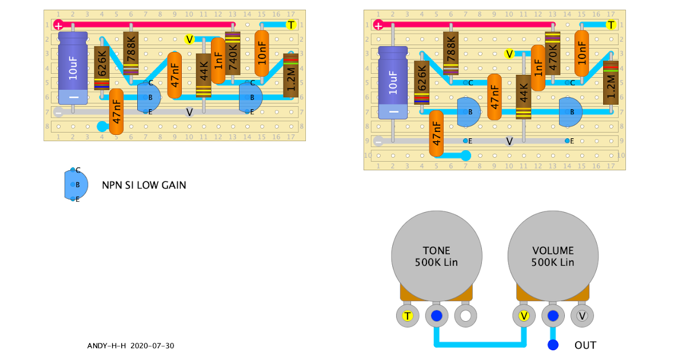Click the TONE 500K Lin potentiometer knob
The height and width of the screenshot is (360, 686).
click(436, 257)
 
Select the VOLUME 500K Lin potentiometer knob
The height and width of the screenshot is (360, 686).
click(553, 257)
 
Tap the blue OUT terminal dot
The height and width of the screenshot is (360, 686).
click(553, 345)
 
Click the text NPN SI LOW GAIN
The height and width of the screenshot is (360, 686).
click(144, 185)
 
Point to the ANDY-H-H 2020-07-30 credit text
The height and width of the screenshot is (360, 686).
click(130, 346)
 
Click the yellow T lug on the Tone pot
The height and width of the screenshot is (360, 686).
click(407, 315)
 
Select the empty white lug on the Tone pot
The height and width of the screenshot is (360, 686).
click(466, 315)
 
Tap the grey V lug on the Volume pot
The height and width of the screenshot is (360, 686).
click(582, 315)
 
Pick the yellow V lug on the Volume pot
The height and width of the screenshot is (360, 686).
click(524, 315)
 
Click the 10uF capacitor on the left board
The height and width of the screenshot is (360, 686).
click(73, 69)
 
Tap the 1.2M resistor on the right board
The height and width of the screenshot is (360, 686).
click(611, 83)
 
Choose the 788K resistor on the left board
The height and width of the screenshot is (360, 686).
click(131, 53)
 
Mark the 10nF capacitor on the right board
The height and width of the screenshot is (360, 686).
click(581, 53)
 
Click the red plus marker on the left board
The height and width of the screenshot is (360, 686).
click(58, 25)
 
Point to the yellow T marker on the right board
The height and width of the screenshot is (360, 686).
click(611, 25)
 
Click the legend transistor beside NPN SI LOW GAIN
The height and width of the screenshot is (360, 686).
click(76, 185)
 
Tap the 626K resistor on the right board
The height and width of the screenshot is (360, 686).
click(422, 83)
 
